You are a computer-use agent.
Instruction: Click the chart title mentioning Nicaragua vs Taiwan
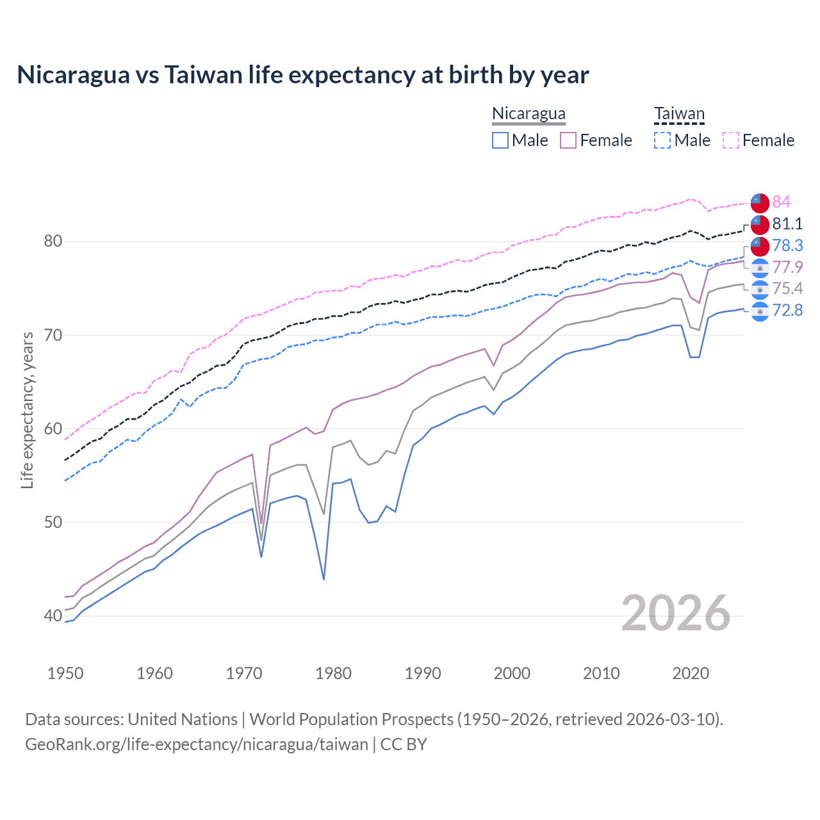(x=302, y=75)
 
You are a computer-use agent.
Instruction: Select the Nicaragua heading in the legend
(x=529, y=114)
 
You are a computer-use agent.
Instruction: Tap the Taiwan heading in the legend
(x=679, y=114)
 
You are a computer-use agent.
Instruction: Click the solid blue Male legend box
(x=500, y=140)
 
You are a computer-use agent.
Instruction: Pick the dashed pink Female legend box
(x=731, y=140)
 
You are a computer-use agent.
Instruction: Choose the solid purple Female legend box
(x=568, y=140)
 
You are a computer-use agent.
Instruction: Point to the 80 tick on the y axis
(x=53, y=242)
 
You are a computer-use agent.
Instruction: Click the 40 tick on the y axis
(x=53, y=616)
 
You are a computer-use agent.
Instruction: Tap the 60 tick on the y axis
(x=53, y=429)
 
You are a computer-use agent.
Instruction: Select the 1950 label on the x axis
(x=65, y=673)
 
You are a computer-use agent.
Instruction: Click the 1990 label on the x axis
(x=423, y=673)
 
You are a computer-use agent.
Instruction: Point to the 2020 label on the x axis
(x=691, y=673)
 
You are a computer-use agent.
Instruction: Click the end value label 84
(x=781, y=202)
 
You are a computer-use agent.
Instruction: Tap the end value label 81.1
(x=787, y=224)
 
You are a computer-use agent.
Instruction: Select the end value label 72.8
(x=787, y=311)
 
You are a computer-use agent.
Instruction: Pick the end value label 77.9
(x=787, y=267)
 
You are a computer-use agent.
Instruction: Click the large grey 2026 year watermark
(x=675, y=614)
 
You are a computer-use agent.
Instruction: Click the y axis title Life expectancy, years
(x=27, y=410)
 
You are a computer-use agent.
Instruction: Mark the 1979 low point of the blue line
(x=324, y=579)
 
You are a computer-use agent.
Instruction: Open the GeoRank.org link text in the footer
(x=197, y=744)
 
